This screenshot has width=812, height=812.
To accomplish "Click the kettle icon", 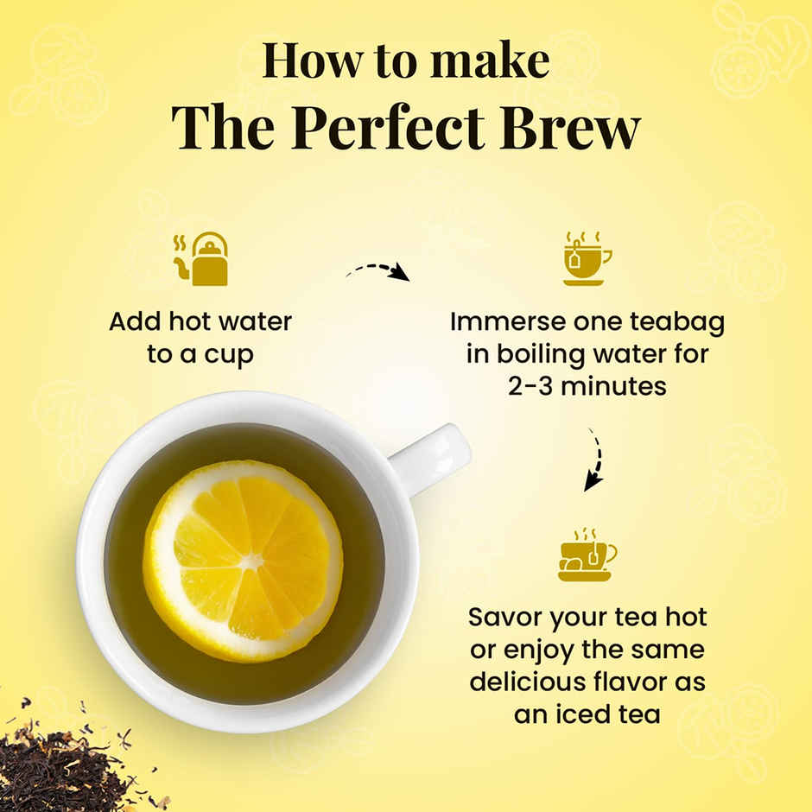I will click(202, 259).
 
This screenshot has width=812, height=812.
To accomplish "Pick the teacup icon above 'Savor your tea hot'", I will click(587, 555).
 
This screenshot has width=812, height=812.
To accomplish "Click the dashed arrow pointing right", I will click(378, 271).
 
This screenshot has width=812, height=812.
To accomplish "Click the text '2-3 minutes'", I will click(587, 385).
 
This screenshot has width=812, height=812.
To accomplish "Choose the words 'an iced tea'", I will click(587, 714).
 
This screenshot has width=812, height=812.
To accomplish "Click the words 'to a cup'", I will click(200, 354).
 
